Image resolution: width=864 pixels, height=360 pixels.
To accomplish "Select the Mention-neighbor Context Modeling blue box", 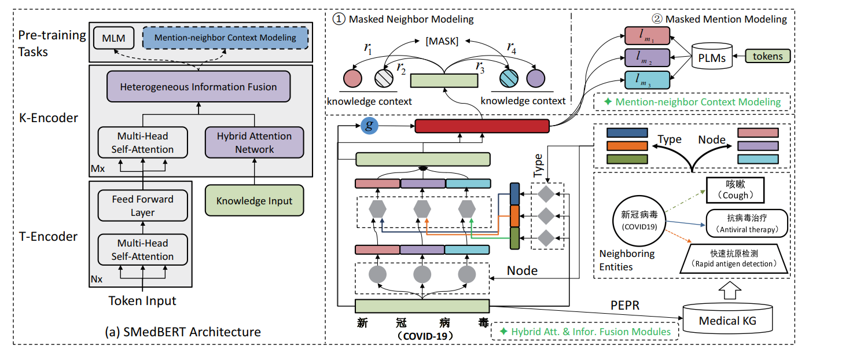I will pos(225,38).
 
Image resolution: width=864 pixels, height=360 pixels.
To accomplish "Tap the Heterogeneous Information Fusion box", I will pos(198,87).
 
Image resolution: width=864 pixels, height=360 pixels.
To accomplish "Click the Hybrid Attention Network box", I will pos(254,143).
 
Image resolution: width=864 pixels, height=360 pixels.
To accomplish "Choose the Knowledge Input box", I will pos(254,201).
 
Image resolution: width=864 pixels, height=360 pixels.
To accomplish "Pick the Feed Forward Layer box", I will pos(142,206).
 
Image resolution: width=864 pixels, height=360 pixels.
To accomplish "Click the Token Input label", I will pos(142,300).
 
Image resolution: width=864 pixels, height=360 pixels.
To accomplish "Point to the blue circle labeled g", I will pos(367,126).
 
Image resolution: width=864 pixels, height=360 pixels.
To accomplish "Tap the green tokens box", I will pos(767,56).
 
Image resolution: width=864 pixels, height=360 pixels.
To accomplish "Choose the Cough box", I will pos(735,190).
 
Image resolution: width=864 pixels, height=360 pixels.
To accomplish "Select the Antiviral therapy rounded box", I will pos(747,222).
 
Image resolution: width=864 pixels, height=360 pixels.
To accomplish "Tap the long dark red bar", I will pos(481,126).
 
